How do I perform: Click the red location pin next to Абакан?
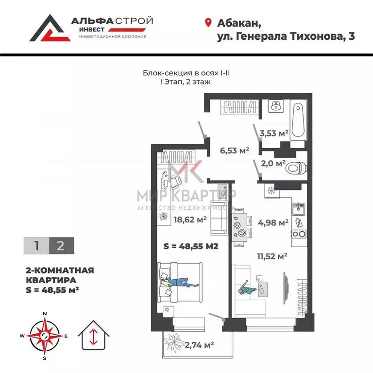(x=208, y=23)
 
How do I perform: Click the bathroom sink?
(x=276, y=106)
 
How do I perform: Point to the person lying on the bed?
(x=181, y=282)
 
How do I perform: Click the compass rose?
(x=45, y=336)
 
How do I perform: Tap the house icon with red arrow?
(x=92, y=335)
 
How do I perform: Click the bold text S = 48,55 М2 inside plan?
(x=190, y=246)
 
